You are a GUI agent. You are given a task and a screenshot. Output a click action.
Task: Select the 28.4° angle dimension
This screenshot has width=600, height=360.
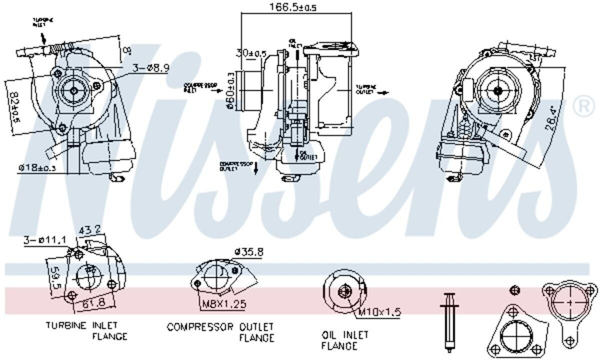coord(550,118)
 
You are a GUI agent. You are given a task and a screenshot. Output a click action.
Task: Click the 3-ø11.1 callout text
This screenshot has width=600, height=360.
coord(44,241)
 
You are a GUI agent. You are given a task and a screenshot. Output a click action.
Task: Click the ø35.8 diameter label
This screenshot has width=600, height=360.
coord(248,252)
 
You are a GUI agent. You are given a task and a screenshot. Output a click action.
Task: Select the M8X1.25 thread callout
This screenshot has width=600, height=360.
coord(223,303)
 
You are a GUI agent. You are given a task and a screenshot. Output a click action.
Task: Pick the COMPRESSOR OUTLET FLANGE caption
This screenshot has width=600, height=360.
coord(220,332)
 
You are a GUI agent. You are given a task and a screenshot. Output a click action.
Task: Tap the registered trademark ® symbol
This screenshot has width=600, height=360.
coord(584,106)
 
